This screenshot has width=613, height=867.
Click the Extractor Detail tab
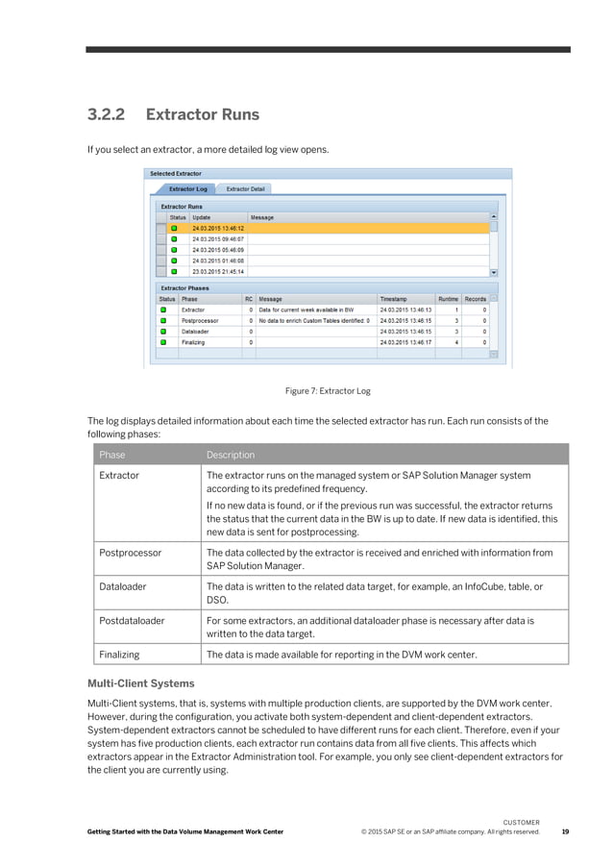pos(246,189)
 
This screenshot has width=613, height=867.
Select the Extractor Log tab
pos(188,189)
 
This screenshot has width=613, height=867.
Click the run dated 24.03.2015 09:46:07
pos(218,238)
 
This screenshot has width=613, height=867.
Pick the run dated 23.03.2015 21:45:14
pos(218,271)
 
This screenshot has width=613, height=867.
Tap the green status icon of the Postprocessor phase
pos(162,320)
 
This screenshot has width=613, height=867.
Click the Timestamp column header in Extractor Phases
pos(392,299)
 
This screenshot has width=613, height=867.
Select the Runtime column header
pos(448,299)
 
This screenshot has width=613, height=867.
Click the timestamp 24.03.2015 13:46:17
pos(405,341)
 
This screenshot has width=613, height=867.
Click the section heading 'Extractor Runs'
pos(202,115)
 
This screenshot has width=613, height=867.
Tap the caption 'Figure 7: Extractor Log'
pos(328,391)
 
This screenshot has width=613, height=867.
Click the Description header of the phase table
pos(231,455)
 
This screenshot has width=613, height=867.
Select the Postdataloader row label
pos(132,621)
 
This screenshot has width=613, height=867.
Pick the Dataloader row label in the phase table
pos(124,586)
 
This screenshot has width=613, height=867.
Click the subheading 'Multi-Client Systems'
pos(141,683)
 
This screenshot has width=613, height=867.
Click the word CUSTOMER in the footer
pos(522,822)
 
